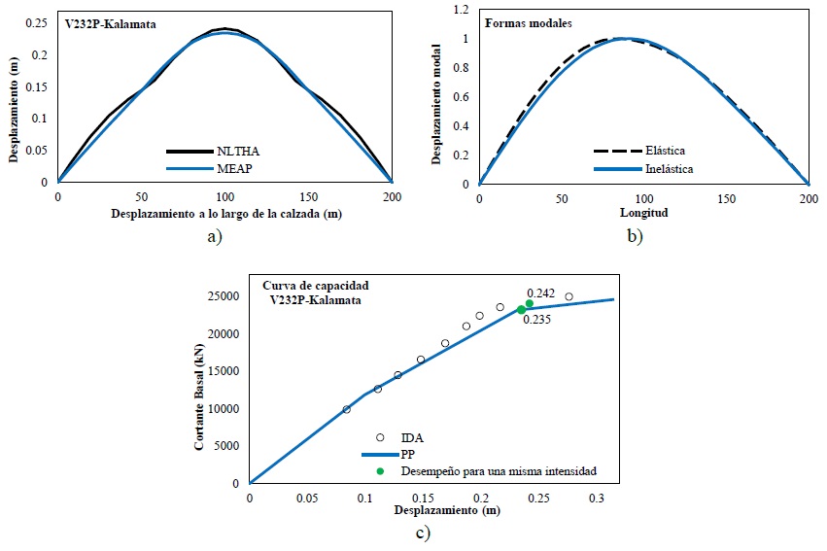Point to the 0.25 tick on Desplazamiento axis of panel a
pyautogui.click(x=39, y=23)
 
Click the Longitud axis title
pyautogui.click(x=643, y=211)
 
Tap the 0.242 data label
pyautogui.click(x=541, y=293)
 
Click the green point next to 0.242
pyautogui.click(x=529, y=303)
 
